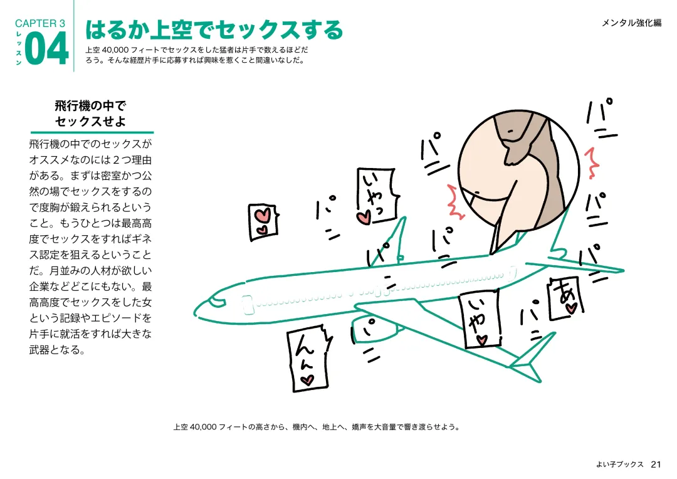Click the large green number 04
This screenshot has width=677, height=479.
46,49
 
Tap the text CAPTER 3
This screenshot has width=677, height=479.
40,23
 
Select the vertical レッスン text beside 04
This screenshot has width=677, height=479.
19,48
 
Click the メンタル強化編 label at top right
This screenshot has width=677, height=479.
632,23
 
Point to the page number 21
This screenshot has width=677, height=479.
656,465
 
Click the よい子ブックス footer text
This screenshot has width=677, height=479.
620,465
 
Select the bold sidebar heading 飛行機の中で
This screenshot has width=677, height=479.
90,106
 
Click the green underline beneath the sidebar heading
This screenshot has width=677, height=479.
92,132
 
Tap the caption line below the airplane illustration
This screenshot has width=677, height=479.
317,427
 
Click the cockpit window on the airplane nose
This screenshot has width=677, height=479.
217,302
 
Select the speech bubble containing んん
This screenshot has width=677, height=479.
309,359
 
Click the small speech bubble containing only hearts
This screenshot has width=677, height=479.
263,221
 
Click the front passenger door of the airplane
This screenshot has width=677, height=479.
248,304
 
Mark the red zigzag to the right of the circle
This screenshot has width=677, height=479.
592,163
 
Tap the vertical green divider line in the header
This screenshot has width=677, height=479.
74,36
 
